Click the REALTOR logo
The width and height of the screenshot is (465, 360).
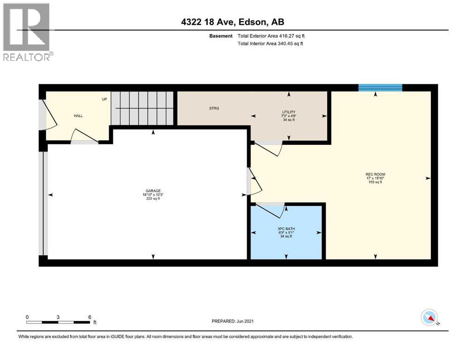(27, 32)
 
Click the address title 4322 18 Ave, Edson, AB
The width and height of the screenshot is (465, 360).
(232, 22)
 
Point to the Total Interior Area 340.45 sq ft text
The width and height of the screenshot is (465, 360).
(270, 44)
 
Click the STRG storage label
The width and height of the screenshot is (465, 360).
(214, 108)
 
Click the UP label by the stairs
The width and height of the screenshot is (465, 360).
(104, 99)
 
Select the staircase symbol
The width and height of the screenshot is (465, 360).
(142, 108)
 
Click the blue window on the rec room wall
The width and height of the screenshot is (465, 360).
(380, 88)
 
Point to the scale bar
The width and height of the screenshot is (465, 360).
(58, 322)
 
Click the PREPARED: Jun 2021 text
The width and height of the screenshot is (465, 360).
(233, 321)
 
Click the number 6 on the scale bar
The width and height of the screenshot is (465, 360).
(89, 316)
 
